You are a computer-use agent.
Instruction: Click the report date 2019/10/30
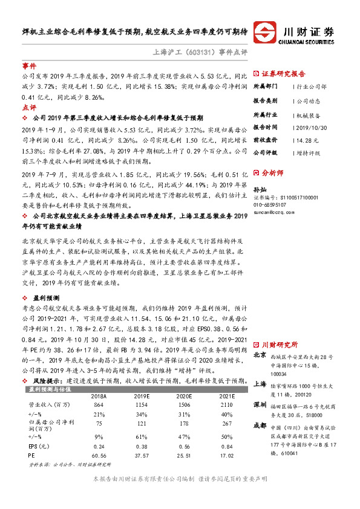312,128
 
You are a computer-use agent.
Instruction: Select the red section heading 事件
29,65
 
